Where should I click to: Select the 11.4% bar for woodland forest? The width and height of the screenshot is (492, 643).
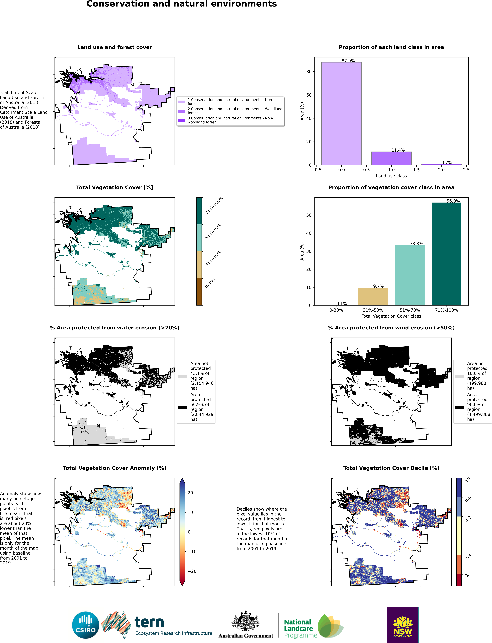(x=391, y=158)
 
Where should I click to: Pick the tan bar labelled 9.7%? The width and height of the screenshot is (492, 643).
(x=373, y=296)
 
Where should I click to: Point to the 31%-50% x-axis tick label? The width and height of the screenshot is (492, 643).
(x=373, y=310)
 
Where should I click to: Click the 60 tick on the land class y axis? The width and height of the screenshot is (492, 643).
(x=309, y=95)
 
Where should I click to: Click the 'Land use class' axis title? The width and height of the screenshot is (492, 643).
(x=391, y=176)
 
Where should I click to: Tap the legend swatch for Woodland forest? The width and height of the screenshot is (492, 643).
(x=181, y=111)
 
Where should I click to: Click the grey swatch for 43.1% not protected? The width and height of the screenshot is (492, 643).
(x=182, y=376)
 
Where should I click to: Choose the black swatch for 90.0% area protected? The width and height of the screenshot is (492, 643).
(x=459, y=407)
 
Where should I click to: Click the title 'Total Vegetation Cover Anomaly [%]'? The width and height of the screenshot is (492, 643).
(x=115, y=468)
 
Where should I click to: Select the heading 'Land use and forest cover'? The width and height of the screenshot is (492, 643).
(x=115, y=47)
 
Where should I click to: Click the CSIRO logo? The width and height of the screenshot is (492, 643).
(x=86, y=625)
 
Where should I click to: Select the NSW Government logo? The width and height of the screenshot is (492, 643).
(x=403, y=625)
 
